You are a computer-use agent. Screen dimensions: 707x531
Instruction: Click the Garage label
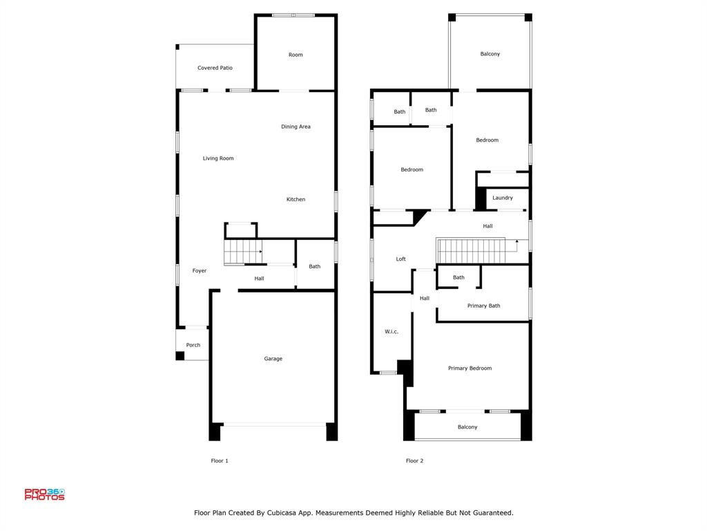point(273,359)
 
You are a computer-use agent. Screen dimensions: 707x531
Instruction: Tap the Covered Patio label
point(215,68)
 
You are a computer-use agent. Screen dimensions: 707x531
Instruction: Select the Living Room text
point(218,158)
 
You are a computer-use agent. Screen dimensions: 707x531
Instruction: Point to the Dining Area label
point(296,127)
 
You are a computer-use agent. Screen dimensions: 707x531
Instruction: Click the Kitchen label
point(296,199)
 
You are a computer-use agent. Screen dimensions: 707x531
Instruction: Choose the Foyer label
point(200,270)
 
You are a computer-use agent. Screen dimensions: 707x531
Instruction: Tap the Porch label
point(193,345)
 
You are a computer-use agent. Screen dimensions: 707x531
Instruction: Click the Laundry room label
point(503,198)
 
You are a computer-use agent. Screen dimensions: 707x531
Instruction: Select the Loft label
point(401,259)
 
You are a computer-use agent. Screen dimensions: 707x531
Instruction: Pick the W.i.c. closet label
point(391,331)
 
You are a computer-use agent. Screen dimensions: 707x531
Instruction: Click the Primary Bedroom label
point(469,368)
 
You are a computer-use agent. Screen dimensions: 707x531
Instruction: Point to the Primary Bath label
point(484,306)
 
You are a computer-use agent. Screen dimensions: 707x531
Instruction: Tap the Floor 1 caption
point(220,460)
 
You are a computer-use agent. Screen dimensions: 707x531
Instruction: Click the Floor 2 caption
point(414,460)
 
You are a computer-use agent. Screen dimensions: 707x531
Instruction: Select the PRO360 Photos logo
point(45,494)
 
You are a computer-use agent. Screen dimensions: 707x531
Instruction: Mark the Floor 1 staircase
point(243,252)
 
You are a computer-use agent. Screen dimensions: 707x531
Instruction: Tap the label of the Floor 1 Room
point(296,55)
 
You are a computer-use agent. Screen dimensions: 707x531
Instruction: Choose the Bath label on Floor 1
point(315,266)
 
